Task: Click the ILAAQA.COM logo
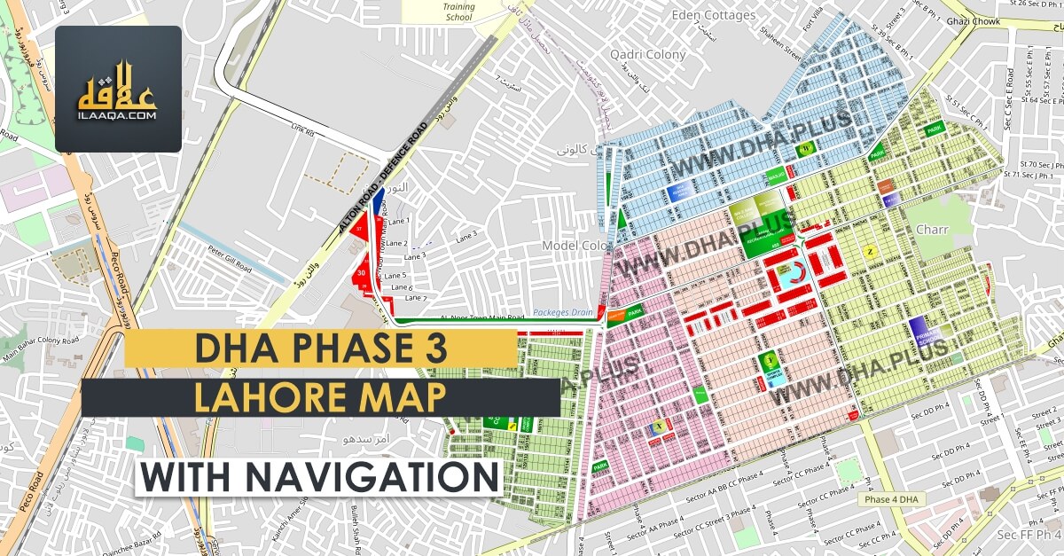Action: tap(118, 89)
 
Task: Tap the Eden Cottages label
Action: tap(713, 15)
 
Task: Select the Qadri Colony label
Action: tap(648, 54)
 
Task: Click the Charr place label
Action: tap(932, 230)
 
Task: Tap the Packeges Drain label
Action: tap(561, 313)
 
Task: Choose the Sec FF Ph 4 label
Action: tap(1027, 535)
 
